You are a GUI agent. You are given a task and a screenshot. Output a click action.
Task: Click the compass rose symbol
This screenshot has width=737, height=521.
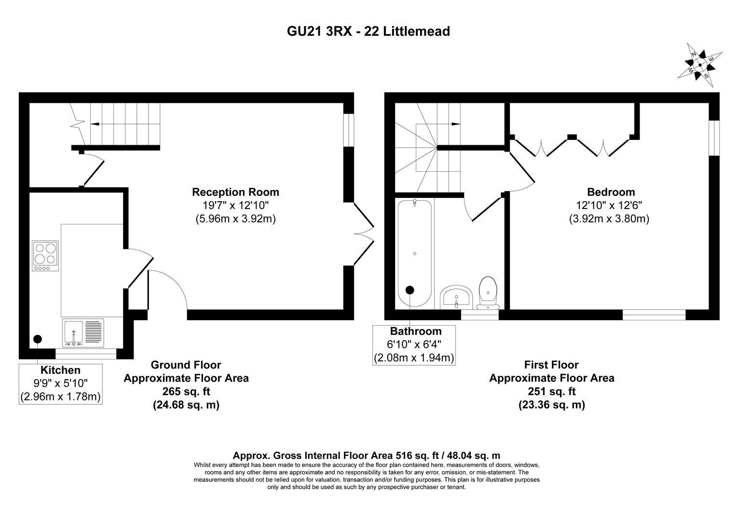click(x=700, y=65)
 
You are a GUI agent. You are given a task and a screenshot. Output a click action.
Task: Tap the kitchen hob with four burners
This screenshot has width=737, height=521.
click(x=45, y=256)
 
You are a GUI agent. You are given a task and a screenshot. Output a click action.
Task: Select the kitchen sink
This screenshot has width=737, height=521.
click(x=82, y=332)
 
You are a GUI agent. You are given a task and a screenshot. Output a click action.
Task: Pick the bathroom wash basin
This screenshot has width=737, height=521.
click(x=456, y=297)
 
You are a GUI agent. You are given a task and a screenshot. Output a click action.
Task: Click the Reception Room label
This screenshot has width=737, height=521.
click(x=235, y=192)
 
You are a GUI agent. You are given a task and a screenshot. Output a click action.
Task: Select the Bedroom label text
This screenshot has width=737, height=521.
click(x=611, y=192)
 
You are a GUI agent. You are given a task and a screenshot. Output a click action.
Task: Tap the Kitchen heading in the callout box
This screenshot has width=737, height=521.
click(x=60, y=370)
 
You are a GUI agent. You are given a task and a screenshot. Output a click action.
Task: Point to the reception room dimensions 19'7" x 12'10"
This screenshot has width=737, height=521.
click(x=235, y=206)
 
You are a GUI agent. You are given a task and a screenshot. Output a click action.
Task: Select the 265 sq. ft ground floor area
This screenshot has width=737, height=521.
click(x=186, y=391)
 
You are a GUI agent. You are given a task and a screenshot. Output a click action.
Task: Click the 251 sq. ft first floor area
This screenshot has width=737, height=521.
click(x=552, y=391)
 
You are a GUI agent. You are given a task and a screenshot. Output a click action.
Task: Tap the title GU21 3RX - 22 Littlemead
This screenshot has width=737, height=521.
click(x=368, y=31)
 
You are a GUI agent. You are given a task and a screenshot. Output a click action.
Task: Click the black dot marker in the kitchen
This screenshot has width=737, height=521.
click(x=38, y=339)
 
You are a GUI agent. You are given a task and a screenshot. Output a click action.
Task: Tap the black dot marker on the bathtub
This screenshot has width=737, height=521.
click(x=409, y=290)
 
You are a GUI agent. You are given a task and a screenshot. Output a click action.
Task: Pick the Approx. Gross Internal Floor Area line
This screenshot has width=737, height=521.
click(x=367, y=455)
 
